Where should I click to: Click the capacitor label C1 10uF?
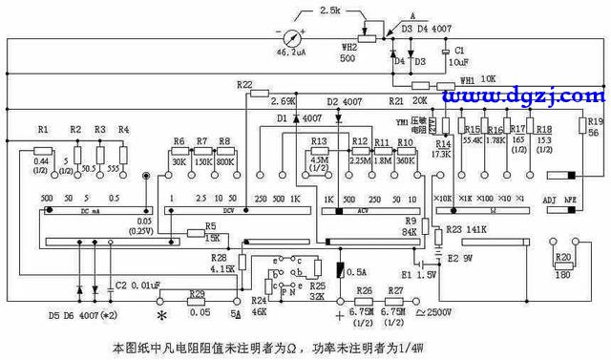tap(459, 55)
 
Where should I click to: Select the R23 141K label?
tap(468, 229)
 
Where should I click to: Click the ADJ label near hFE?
tap(549, 200)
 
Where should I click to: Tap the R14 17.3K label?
tap(442, 147)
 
